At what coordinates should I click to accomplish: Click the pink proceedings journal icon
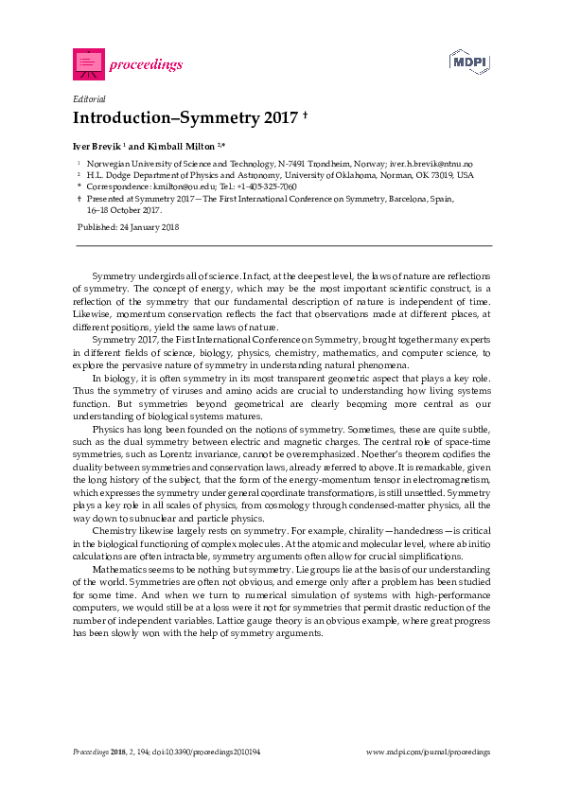click(88, 64)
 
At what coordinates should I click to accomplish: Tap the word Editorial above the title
click(89, 98)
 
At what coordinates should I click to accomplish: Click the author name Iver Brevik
click(97, 147)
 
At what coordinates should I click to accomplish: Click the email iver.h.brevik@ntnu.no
click(434, 164)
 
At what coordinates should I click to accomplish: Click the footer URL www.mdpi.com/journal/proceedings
click(428, 752)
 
